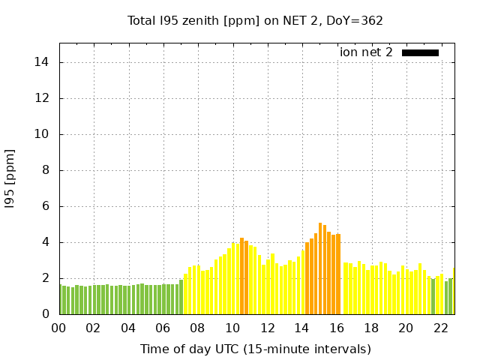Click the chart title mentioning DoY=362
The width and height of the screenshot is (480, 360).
(255, 21)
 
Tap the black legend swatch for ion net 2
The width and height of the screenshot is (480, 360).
(420, 52)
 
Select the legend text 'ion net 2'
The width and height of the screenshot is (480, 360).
(366, 52)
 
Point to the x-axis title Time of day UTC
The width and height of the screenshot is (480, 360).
(255, 349)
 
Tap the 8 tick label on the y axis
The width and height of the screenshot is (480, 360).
(46, 170)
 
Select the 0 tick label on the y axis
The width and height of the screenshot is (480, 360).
(46, 314)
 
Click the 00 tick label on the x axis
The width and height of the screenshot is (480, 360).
(58, 328)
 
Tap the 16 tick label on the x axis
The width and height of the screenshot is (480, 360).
(336, 328)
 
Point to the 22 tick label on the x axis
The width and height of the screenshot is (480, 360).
(440, 328)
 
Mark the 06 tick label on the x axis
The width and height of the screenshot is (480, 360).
(163, 328)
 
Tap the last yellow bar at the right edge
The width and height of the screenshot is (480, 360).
(453, 292)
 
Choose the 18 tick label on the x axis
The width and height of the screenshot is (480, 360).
(370, 328)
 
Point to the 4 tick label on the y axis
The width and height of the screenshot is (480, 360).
(46, 242)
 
